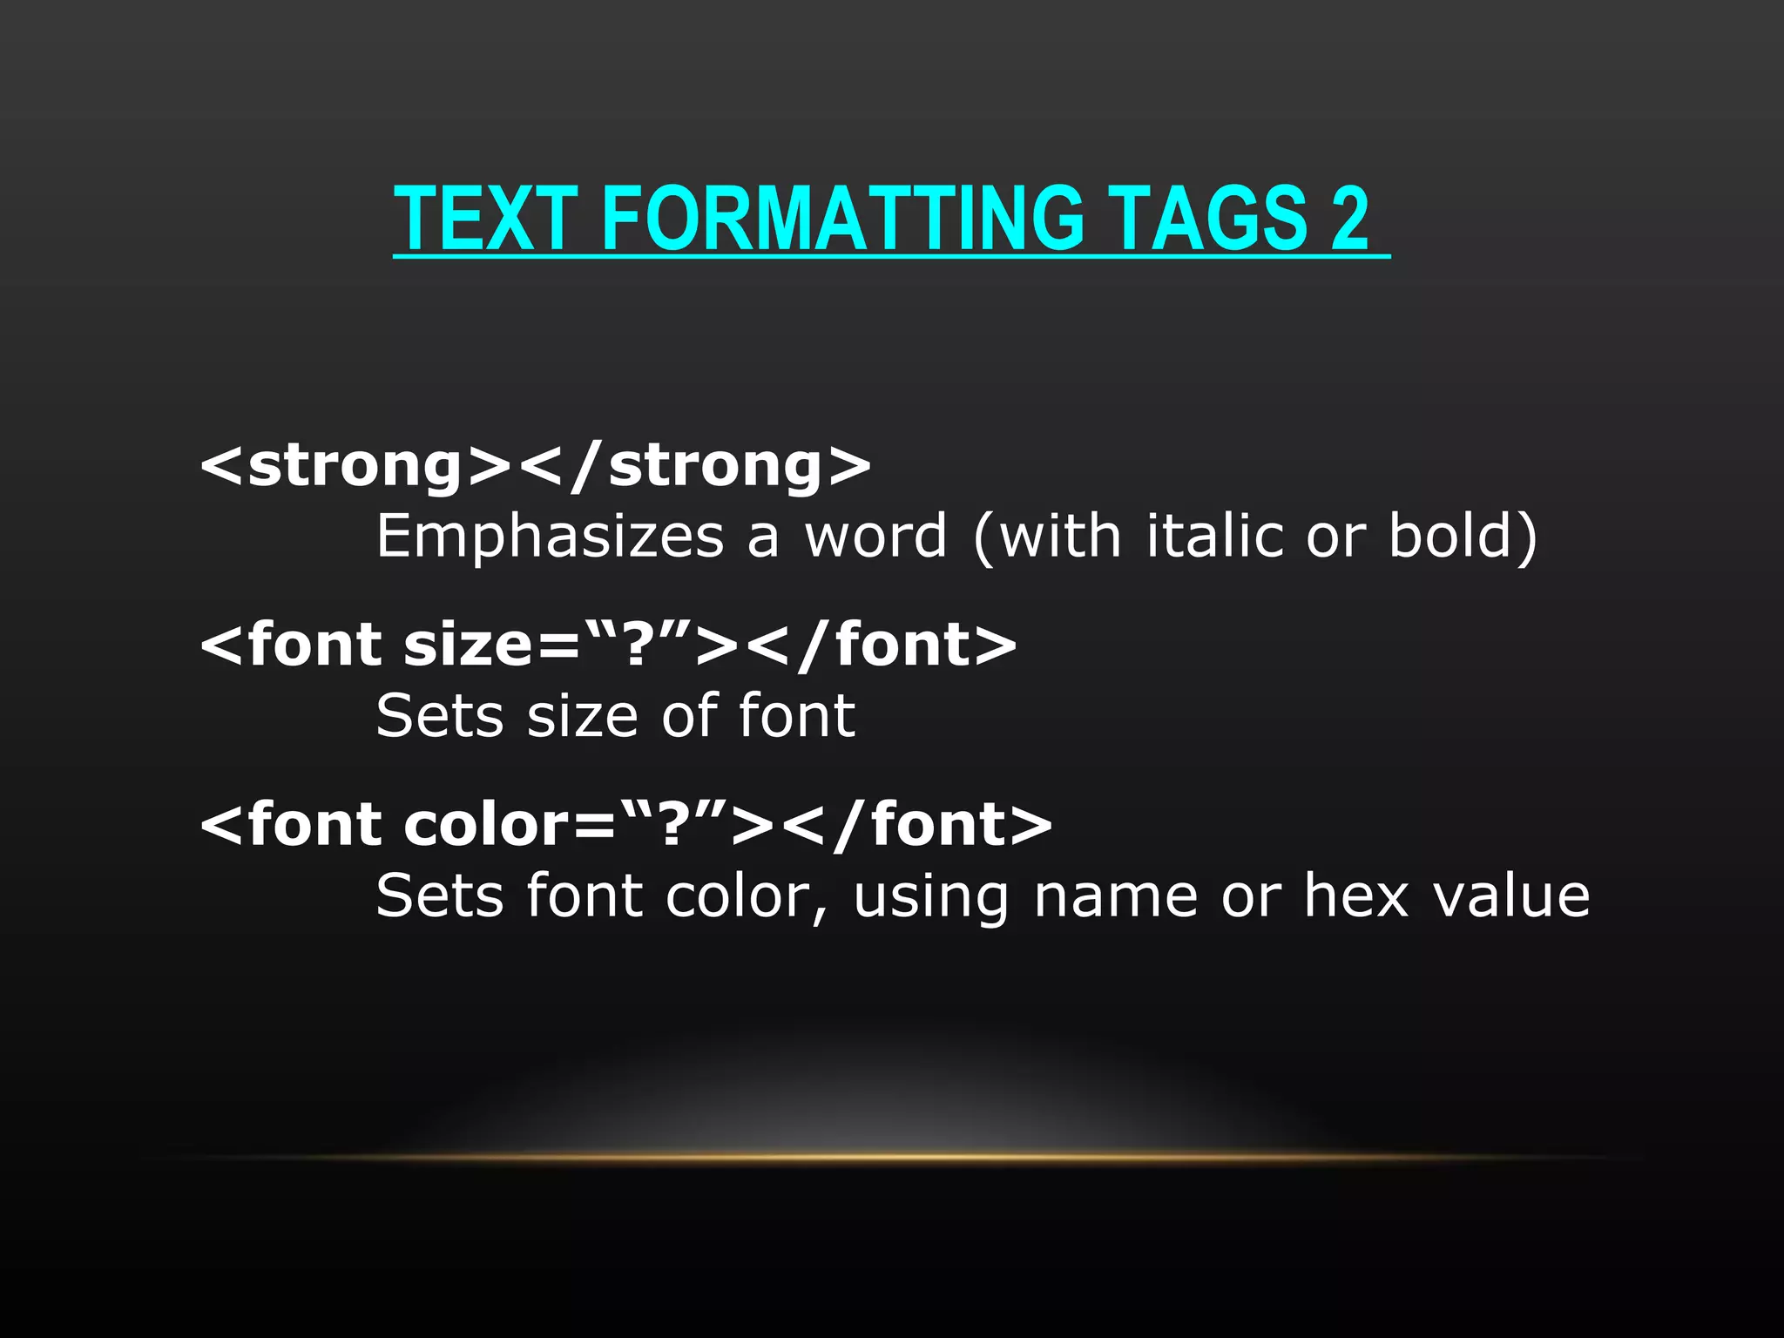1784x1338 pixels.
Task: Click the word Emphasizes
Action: click(550, 537)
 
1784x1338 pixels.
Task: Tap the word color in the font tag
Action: click(487, 825)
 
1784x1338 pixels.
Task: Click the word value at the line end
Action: click(1511, 895)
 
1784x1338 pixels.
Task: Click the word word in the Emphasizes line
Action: click(875, 537)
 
